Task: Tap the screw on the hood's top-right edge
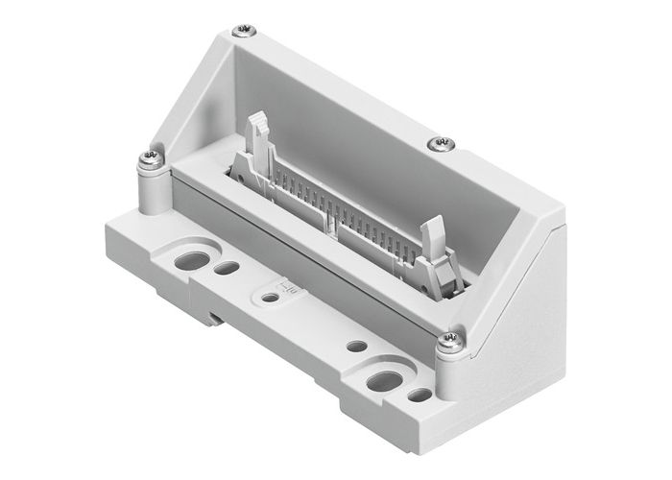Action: click(x=443, y=143)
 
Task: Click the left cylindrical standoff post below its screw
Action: click(x=154, y=192)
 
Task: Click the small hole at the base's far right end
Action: click(x=420, y=394)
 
